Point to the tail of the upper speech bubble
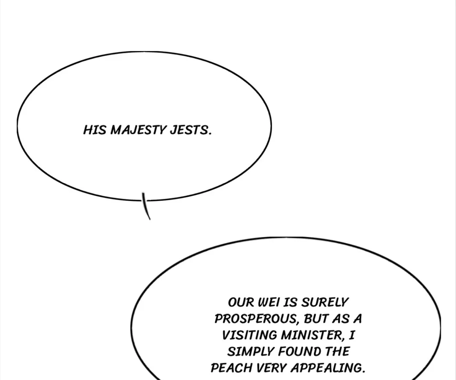pyautogui.click(x=146, y=206)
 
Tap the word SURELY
pyautogui.click(x=325, y=302)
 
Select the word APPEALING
pyautogui.click(x=328, y=368)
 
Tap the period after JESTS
pyautogui.click(x=209, y=134)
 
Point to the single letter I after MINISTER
pyautogui.click(x=352, y=335)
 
